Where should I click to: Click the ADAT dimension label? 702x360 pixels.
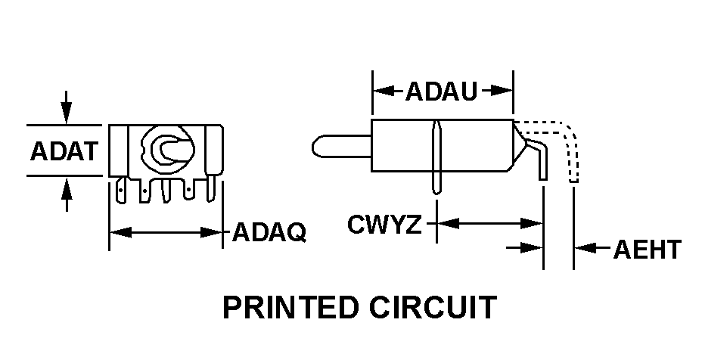[x=64, y=151]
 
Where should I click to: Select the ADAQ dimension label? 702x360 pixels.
[x=269, y=231]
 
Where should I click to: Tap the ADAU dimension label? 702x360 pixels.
[x=442, y=92]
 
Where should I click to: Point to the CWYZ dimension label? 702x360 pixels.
[x=384, y=225]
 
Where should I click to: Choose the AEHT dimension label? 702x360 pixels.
[x=648, y=249]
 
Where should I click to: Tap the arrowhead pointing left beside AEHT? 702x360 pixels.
[x=583, y=247]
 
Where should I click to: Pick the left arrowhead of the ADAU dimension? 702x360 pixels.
[x=381, y=92]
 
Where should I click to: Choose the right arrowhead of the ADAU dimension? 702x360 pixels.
[x=505, y=92]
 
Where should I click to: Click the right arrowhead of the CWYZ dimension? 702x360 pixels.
[x=534, y=223]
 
